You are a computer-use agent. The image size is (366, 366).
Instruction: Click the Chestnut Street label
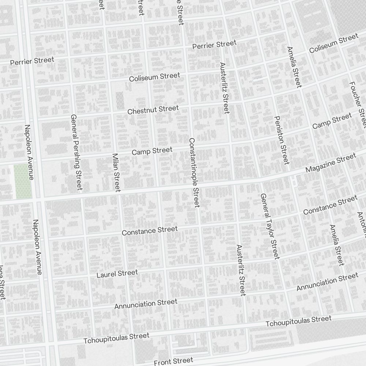click(153, 109)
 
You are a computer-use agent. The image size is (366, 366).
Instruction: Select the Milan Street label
click(116, 172)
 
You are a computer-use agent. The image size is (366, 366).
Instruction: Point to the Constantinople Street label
click(194, 173)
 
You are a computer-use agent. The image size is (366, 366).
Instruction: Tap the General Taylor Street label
click(270, 226)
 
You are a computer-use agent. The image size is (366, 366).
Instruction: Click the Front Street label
click(173, 362)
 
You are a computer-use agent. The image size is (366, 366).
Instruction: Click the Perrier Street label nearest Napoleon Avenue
click(32, 61)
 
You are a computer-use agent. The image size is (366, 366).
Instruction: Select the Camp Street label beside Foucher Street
click(332, 121)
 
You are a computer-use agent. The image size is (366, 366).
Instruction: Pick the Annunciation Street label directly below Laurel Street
click(146, 304)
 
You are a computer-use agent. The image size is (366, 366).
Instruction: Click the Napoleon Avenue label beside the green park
click(29, 152)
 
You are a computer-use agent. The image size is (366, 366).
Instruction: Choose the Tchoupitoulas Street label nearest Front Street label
click(116, 338)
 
